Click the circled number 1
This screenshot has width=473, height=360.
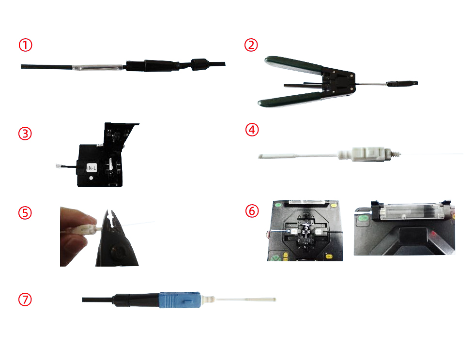coord(25,45)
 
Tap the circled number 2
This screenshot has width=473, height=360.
coord(251,45)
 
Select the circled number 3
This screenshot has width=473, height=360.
coord(25,134)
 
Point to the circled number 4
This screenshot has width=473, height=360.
coord(252,130)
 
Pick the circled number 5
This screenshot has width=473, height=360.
coord(25,213)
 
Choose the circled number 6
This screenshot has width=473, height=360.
coord(252,211)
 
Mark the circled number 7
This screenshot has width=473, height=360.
coord(25,300)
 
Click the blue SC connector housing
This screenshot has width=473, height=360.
coord(180,300)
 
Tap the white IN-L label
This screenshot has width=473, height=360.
coord(92,168)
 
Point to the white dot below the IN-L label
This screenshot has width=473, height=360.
coord(91,178)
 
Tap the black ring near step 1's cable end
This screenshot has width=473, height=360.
coord(199,64)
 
